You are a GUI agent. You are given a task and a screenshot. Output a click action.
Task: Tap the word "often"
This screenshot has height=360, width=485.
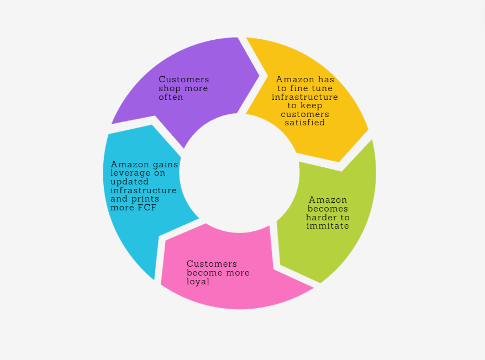(x=171, y=97)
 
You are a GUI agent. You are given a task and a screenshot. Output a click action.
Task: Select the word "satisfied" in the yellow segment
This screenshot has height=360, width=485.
(x=304, y=123)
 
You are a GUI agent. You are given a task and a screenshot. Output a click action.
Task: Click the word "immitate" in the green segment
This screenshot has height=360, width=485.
(x=328, y=226)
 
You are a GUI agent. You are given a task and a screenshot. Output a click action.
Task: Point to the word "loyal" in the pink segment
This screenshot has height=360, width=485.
(x=198, y=282)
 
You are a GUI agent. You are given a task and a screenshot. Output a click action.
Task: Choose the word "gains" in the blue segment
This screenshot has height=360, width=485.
(x=165, y=164)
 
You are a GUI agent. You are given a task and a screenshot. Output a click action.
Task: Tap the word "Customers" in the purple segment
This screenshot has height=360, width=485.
(x=183, y=80)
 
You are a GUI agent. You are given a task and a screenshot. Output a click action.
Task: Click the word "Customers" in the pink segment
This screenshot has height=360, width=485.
(x=212, y=264)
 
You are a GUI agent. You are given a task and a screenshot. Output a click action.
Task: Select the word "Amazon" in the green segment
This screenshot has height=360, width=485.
(x=328, y=200)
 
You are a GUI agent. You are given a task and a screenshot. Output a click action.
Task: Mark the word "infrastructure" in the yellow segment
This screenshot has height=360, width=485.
(x=304, y=97)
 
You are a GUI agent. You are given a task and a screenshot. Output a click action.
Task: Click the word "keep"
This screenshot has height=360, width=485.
(x=318, y=105)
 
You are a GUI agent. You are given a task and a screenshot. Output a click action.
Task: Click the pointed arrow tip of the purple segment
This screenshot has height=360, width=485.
(x=259, y=76)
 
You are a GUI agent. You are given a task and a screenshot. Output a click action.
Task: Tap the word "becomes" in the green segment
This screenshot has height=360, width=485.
(x=328, y=209)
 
